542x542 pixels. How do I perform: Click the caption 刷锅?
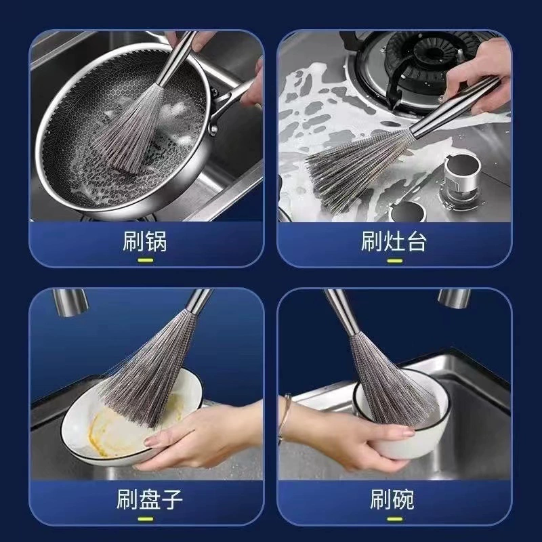(x=145, y=241)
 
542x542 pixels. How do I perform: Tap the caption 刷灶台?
(x=394, y=241)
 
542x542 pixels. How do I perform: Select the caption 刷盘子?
(x=149, y=499)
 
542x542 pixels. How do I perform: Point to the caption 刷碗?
(x=392, y=499)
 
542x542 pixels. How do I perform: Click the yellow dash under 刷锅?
(x=146, y=261)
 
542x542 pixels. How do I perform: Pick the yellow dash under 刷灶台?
(x=395, y=261)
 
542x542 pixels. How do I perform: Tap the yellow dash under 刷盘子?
(x=146, y=519)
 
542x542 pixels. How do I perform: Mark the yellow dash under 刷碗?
(x=395, y=519)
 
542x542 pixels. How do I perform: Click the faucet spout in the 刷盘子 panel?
(x=70, y=302)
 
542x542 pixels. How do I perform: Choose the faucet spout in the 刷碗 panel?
(x=454, y=299)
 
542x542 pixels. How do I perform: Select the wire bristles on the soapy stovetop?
(x=356, y=166)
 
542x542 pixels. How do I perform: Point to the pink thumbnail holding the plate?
(x=150, y=442)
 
